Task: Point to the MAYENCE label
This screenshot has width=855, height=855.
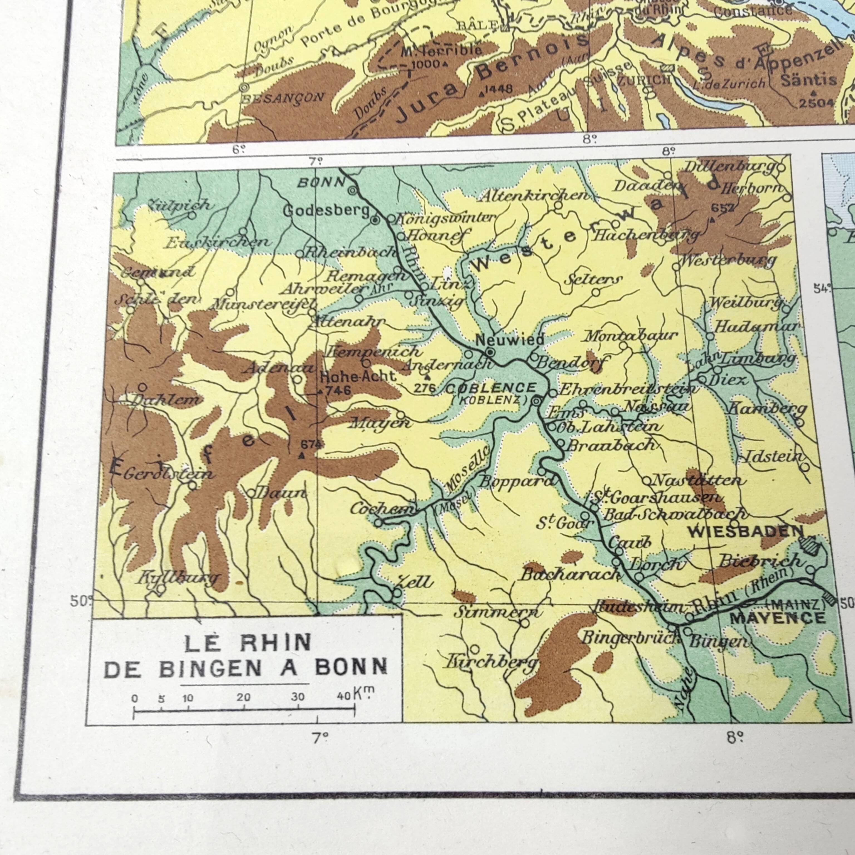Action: click(x=778, y=618)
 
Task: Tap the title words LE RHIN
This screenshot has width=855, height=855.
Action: click(x=247, y=643)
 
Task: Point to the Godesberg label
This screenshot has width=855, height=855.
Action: click(x=326, y=211)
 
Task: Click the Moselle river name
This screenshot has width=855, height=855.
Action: click(x=468, y=470)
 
